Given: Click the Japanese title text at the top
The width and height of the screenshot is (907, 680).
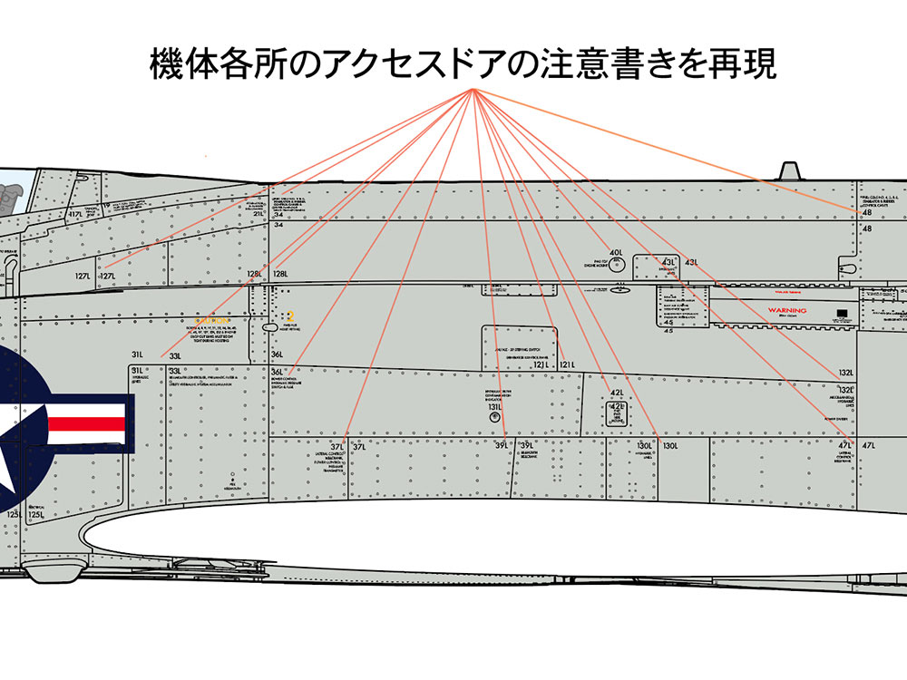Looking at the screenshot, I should click(x=463, y=65).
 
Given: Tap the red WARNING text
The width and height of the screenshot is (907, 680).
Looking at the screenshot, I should click(x=786, y=310).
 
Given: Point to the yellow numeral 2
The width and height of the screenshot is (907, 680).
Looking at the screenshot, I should click(x=290, y=316).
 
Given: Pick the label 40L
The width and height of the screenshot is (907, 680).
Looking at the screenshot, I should click(x=616, y=253).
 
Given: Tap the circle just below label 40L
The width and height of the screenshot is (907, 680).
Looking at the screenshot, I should click(x=617, y=264).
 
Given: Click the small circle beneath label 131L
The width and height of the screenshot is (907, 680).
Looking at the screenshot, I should click(x=495, y=419).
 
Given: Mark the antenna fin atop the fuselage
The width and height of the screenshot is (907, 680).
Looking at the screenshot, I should click(x=789, y=171).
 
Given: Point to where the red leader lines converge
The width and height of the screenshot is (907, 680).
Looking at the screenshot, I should click(x=473, y=92).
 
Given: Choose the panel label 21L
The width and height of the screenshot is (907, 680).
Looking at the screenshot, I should click(x=258, y=214).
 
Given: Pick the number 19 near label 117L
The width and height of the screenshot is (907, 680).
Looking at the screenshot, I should click(x=106, y=206).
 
